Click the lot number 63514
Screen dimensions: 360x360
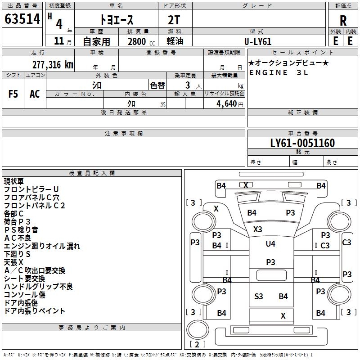click(22, 19)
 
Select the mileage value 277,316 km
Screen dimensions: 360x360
click(53, 65)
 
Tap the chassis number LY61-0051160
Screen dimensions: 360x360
click(302, 143)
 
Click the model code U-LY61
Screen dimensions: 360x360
click(258, 41)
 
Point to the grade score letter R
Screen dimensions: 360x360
click(343, 21)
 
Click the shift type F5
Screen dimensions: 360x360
click(13, 94)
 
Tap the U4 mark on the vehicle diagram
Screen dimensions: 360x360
click(270, 243)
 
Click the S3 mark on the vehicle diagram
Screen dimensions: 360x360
click(258, 297)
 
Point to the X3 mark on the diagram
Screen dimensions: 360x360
click(257, 229)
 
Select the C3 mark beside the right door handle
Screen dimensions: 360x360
click(325, 246)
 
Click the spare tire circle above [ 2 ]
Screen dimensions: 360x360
click(198, 329)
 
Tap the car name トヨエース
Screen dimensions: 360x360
click(117, 20)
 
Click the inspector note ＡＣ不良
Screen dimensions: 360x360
click(18, 238)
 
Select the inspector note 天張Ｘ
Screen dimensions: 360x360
click(13, 262)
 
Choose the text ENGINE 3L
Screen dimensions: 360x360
click(279, 72)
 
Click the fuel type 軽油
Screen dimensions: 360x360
click(175, 41)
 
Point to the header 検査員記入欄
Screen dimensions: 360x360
click(92, 173)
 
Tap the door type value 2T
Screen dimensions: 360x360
click(174, 20)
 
